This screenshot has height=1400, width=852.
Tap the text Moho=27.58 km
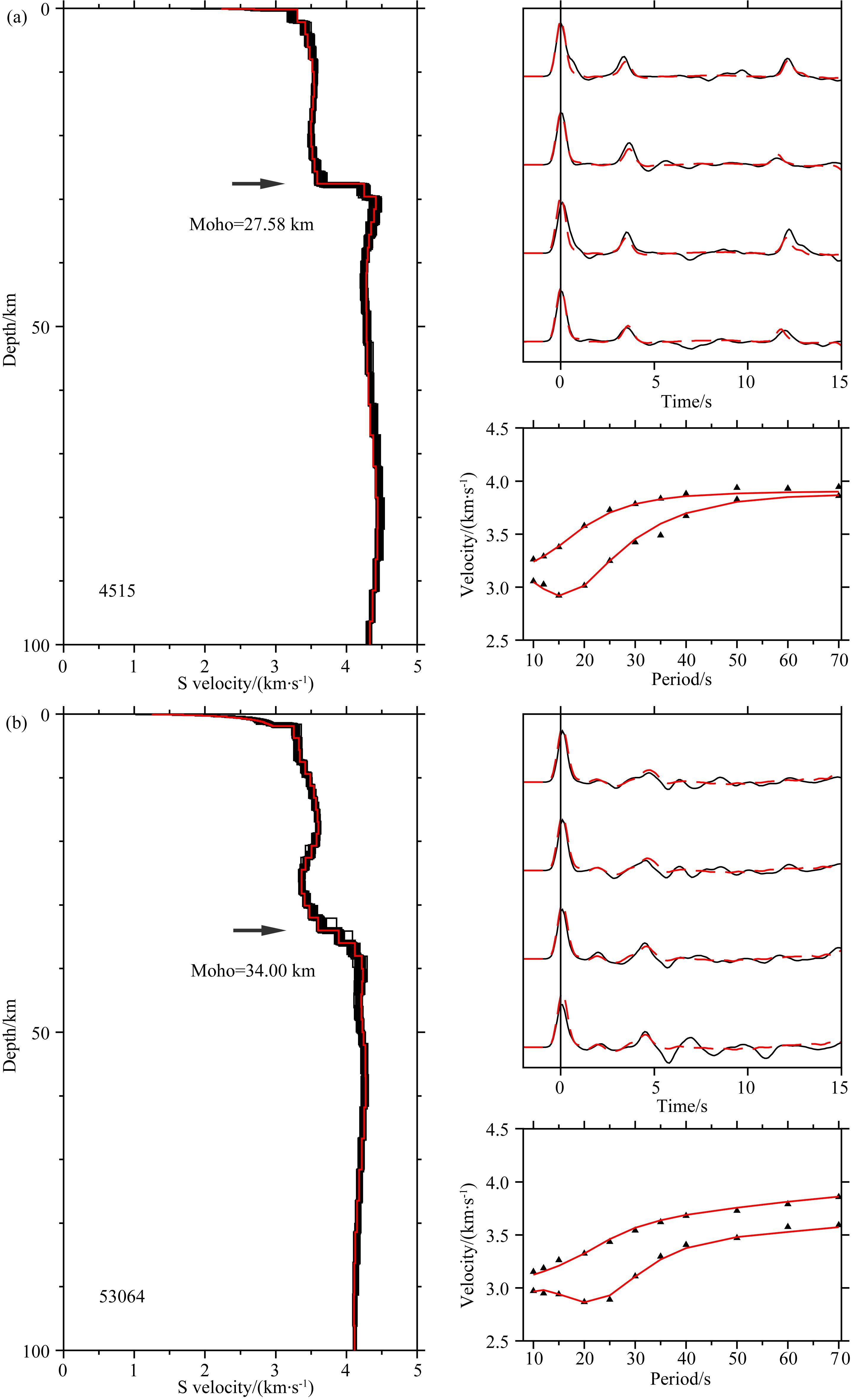pos(251,224)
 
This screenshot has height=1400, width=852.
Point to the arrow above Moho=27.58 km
pos(258,183)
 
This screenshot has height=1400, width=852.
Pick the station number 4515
pos(117,591)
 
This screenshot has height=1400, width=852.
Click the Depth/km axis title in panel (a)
pos(10,329)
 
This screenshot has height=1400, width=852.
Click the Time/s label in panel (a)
pos(686,402)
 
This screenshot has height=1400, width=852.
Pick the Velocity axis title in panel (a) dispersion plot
pos(468,534)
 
